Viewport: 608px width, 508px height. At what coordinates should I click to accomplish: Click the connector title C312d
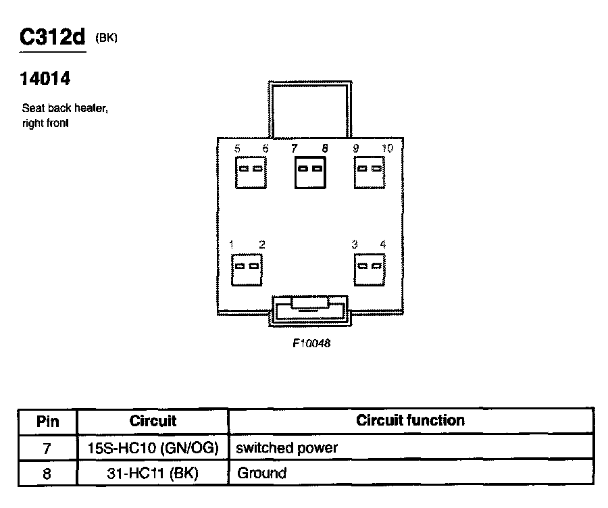coord(53,38)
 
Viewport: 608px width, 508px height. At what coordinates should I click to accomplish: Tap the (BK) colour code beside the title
coord(107,39)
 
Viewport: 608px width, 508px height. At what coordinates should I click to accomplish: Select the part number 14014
coord(45,80)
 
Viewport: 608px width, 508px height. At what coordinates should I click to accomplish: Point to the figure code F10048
coord(311,343)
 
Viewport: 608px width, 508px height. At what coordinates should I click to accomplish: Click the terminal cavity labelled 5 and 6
coord(250,172)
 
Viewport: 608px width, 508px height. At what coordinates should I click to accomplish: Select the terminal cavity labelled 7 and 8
coord(311,172)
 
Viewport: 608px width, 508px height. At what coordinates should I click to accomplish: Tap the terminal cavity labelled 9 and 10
coord(370,172)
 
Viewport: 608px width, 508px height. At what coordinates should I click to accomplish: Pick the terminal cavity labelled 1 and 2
coord(247,270)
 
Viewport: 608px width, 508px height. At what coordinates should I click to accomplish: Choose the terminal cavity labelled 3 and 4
coord(370,270)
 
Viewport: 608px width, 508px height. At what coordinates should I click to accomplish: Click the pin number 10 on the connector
coord(387,148)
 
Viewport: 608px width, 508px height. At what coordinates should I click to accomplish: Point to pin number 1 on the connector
coord(232,245)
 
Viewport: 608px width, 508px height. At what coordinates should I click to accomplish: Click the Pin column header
coord(47,422)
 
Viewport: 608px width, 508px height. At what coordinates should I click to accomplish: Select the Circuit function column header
coord(411,421)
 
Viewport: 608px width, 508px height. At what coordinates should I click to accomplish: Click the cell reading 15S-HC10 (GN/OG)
coord(153,447)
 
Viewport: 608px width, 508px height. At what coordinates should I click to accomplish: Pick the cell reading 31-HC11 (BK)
coord(153,473)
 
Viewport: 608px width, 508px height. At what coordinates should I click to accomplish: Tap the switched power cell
coord(287,447)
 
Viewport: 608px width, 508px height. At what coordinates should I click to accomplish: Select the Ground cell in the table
coord(262,473)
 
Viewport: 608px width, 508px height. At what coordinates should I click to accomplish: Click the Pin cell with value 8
coord(47,473)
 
